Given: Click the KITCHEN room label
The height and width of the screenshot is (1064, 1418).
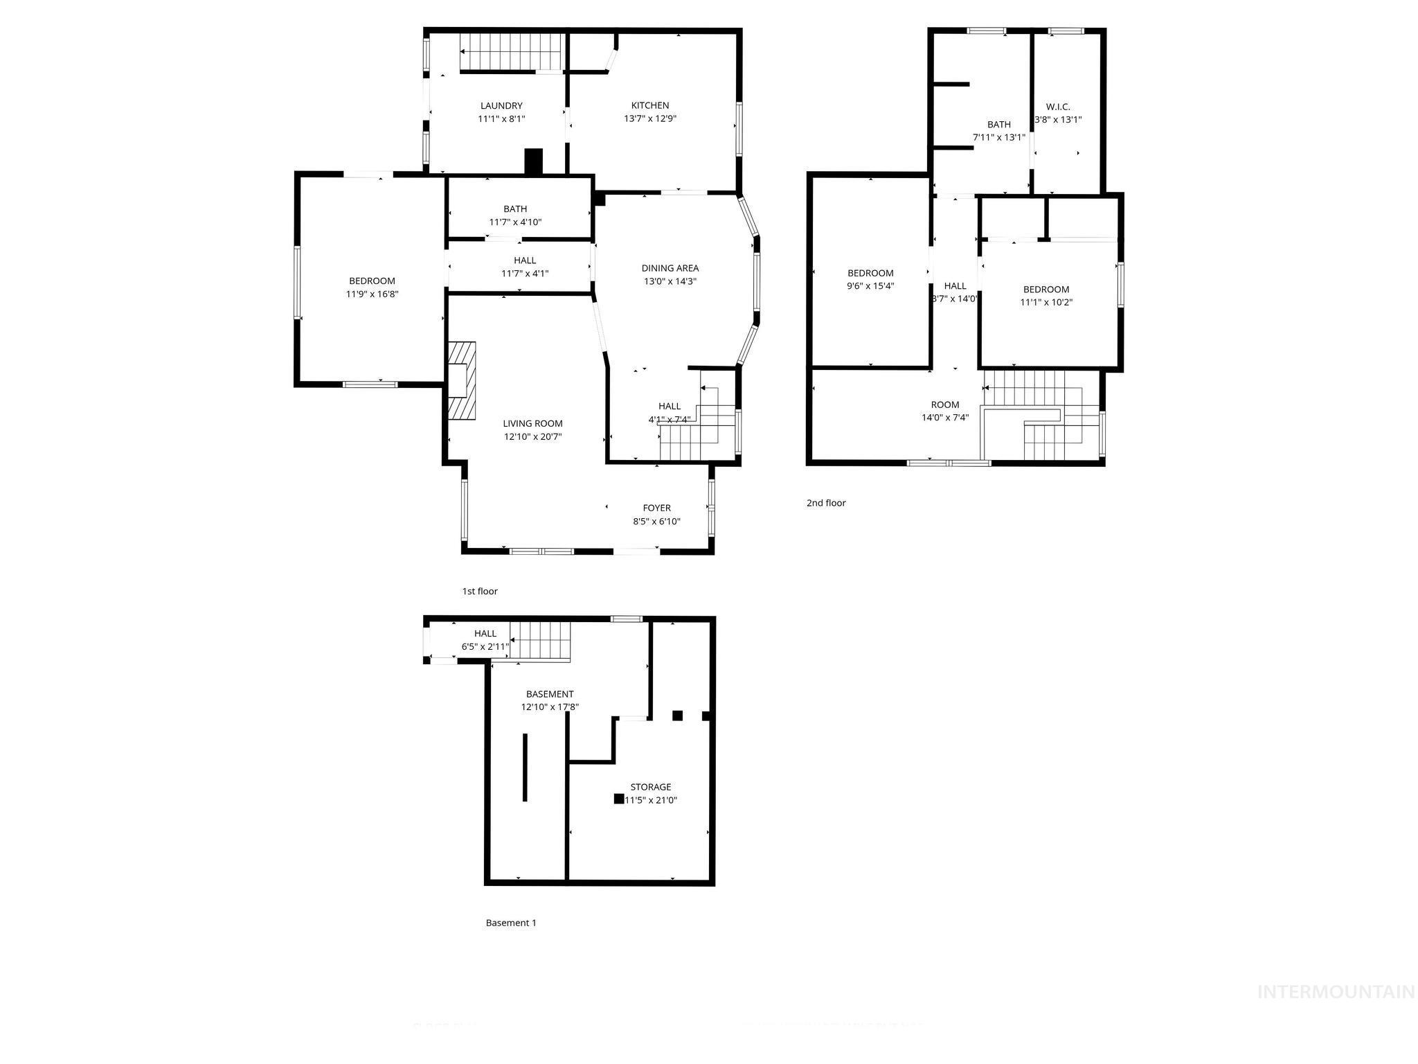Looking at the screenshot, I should pos(649,105).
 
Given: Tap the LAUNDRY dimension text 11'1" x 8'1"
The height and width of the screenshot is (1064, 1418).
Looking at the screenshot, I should pos(501,118).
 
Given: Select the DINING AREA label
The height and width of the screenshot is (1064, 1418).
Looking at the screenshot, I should pos(670,268).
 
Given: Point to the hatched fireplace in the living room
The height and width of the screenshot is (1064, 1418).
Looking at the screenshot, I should pos(462,380).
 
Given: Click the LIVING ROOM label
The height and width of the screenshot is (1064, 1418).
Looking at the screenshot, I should pos(532,423).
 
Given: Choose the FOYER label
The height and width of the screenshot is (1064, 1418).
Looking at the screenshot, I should pos(656,508).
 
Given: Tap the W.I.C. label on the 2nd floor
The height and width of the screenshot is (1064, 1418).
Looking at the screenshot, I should pos(1057,107).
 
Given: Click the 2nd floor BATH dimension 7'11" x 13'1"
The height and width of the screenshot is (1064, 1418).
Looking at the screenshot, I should pos(998,137).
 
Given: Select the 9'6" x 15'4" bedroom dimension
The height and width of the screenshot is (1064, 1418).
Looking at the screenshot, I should pos(870,285).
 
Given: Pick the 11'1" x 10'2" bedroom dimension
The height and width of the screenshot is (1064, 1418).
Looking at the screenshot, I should pos(1045,302).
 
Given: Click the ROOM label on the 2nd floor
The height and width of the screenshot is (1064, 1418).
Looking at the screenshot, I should pos(944,405).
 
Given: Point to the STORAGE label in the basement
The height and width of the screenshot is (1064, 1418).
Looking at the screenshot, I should pos(650,787).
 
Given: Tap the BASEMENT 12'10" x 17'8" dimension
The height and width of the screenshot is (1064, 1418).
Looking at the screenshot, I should pos(550,707).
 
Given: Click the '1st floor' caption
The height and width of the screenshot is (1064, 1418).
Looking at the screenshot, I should pos(480,591).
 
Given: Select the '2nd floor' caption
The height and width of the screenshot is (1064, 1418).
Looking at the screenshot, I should pos(825,503).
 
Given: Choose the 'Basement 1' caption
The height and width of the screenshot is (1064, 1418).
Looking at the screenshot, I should pos(511,923).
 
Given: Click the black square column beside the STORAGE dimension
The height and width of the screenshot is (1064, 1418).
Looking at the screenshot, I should pos(618,799).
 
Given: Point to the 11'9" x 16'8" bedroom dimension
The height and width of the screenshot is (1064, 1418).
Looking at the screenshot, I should pos(372,294).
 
